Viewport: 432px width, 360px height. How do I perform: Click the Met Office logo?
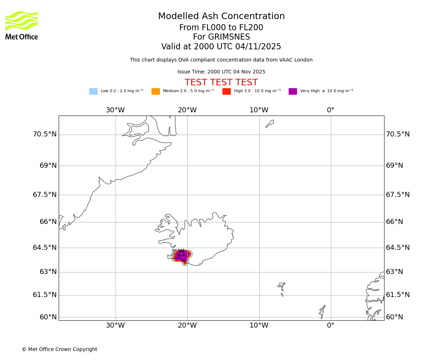click(22, 25)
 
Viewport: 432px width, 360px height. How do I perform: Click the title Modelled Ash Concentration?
click(221, 17)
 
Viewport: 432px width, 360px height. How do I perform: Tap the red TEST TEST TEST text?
click(221, 82)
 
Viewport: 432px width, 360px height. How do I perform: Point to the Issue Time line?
click(221, 72)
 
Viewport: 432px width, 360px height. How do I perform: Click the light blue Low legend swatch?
click(93, 91)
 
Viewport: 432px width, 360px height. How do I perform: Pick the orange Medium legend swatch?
click(156, 91)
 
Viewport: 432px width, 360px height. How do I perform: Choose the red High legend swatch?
click(226, 91)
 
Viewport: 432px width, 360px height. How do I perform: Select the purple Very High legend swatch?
click(293, 91)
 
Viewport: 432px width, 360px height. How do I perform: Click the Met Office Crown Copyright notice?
click(59, 350)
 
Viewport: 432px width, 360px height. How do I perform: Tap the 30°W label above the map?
click(115, 110)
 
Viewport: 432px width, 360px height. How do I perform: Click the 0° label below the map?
click(330, 325)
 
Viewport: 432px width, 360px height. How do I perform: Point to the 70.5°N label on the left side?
click(45, 134)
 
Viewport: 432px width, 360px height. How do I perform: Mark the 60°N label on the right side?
click(395, 317)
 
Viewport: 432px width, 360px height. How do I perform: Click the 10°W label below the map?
click(259, 325)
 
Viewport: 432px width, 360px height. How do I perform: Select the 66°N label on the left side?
click(48, 222)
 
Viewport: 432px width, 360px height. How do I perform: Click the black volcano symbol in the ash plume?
click(181, 253)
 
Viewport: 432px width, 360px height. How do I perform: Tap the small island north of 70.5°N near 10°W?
click(270, 123)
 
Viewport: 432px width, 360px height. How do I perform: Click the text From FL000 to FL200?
click(221, 28)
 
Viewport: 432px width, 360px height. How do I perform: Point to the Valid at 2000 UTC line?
click(221, 47)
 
